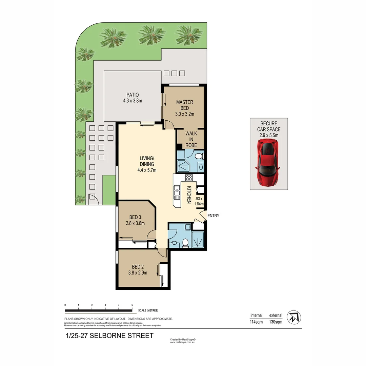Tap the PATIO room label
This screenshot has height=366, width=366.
133,98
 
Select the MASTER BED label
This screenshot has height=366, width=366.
185,108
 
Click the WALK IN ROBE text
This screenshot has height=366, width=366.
191,139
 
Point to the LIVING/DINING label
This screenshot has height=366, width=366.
147,164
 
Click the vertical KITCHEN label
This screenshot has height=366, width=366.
189,195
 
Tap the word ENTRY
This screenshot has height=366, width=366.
213,216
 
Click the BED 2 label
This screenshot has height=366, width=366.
137,269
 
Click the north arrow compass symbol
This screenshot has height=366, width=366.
294,318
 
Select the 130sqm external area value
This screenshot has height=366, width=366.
276,322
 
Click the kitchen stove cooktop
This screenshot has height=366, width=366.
189,178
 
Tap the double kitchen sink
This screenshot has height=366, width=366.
177,192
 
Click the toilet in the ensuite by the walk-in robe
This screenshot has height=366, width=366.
201,156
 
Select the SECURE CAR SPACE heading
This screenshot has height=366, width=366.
268,126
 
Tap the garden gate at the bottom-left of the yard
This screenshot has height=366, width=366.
93,200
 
